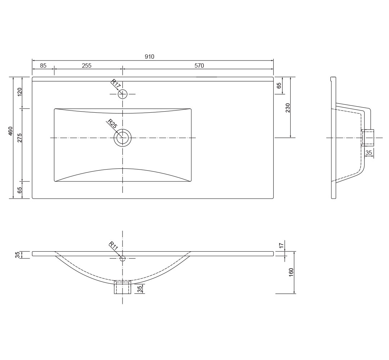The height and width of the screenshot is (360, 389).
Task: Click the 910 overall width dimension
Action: (149, 57)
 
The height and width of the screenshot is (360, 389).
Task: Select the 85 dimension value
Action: (43, 66)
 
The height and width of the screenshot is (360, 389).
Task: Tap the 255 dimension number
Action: (87, 66)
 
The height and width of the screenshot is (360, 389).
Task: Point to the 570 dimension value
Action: (199, 66)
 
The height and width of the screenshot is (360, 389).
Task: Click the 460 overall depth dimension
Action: (11, 131)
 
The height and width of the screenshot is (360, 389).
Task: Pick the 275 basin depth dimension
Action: (20, 138)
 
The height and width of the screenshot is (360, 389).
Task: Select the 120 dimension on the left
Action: (20, 92)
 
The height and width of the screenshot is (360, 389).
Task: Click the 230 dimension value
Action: (288, 108)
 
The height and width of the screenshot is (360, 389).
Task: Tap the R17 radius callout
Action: (115, 84)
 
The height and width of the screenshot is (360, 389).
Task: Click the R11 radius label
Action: (113, 247)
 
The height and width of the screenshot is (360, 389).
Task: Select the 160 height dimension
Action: (291, 272)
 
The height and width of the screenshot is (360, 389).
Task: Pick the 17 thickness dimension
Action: (282, 246)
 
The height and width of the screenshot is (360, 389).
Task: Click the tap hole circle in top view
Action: (122, 94)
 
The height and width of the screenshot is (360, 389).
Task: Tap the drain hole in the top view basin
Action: (122, 138)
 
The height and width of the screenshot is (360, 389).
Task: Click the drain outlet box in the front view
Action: (122, 287)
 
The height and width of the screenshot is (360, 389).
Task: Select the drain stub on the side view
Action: (368, 138)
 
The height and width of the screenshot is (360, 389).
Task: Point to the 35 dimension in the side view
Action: (369, 153)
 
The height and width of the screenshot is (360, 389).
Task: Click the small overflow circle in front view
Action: (122, 258)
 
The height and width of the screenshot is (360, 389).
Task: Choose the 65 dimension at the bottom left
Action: (20, 190)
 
